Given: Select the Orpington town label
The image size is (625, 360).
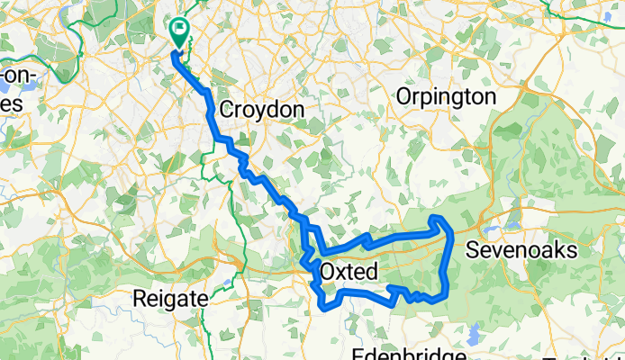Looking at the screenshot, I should pyautogui.click(x=448, y=96).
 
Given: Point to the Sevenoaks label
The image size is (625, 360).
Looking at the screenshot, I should pyautogui.click(x=521, y=251).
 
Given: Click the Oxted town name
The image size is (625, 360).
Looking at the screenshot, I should pyautogui.click(x=347, y=271).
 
